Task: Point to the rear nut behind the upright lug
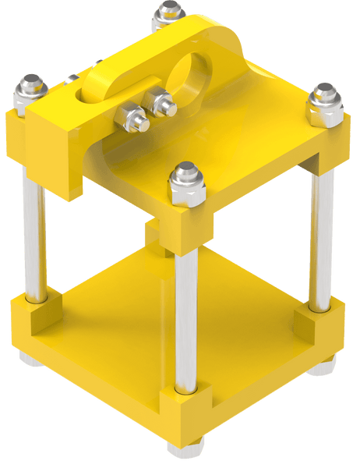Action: (x=167, y=14)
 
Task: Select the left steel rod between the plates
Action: (x=33, y=234)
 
